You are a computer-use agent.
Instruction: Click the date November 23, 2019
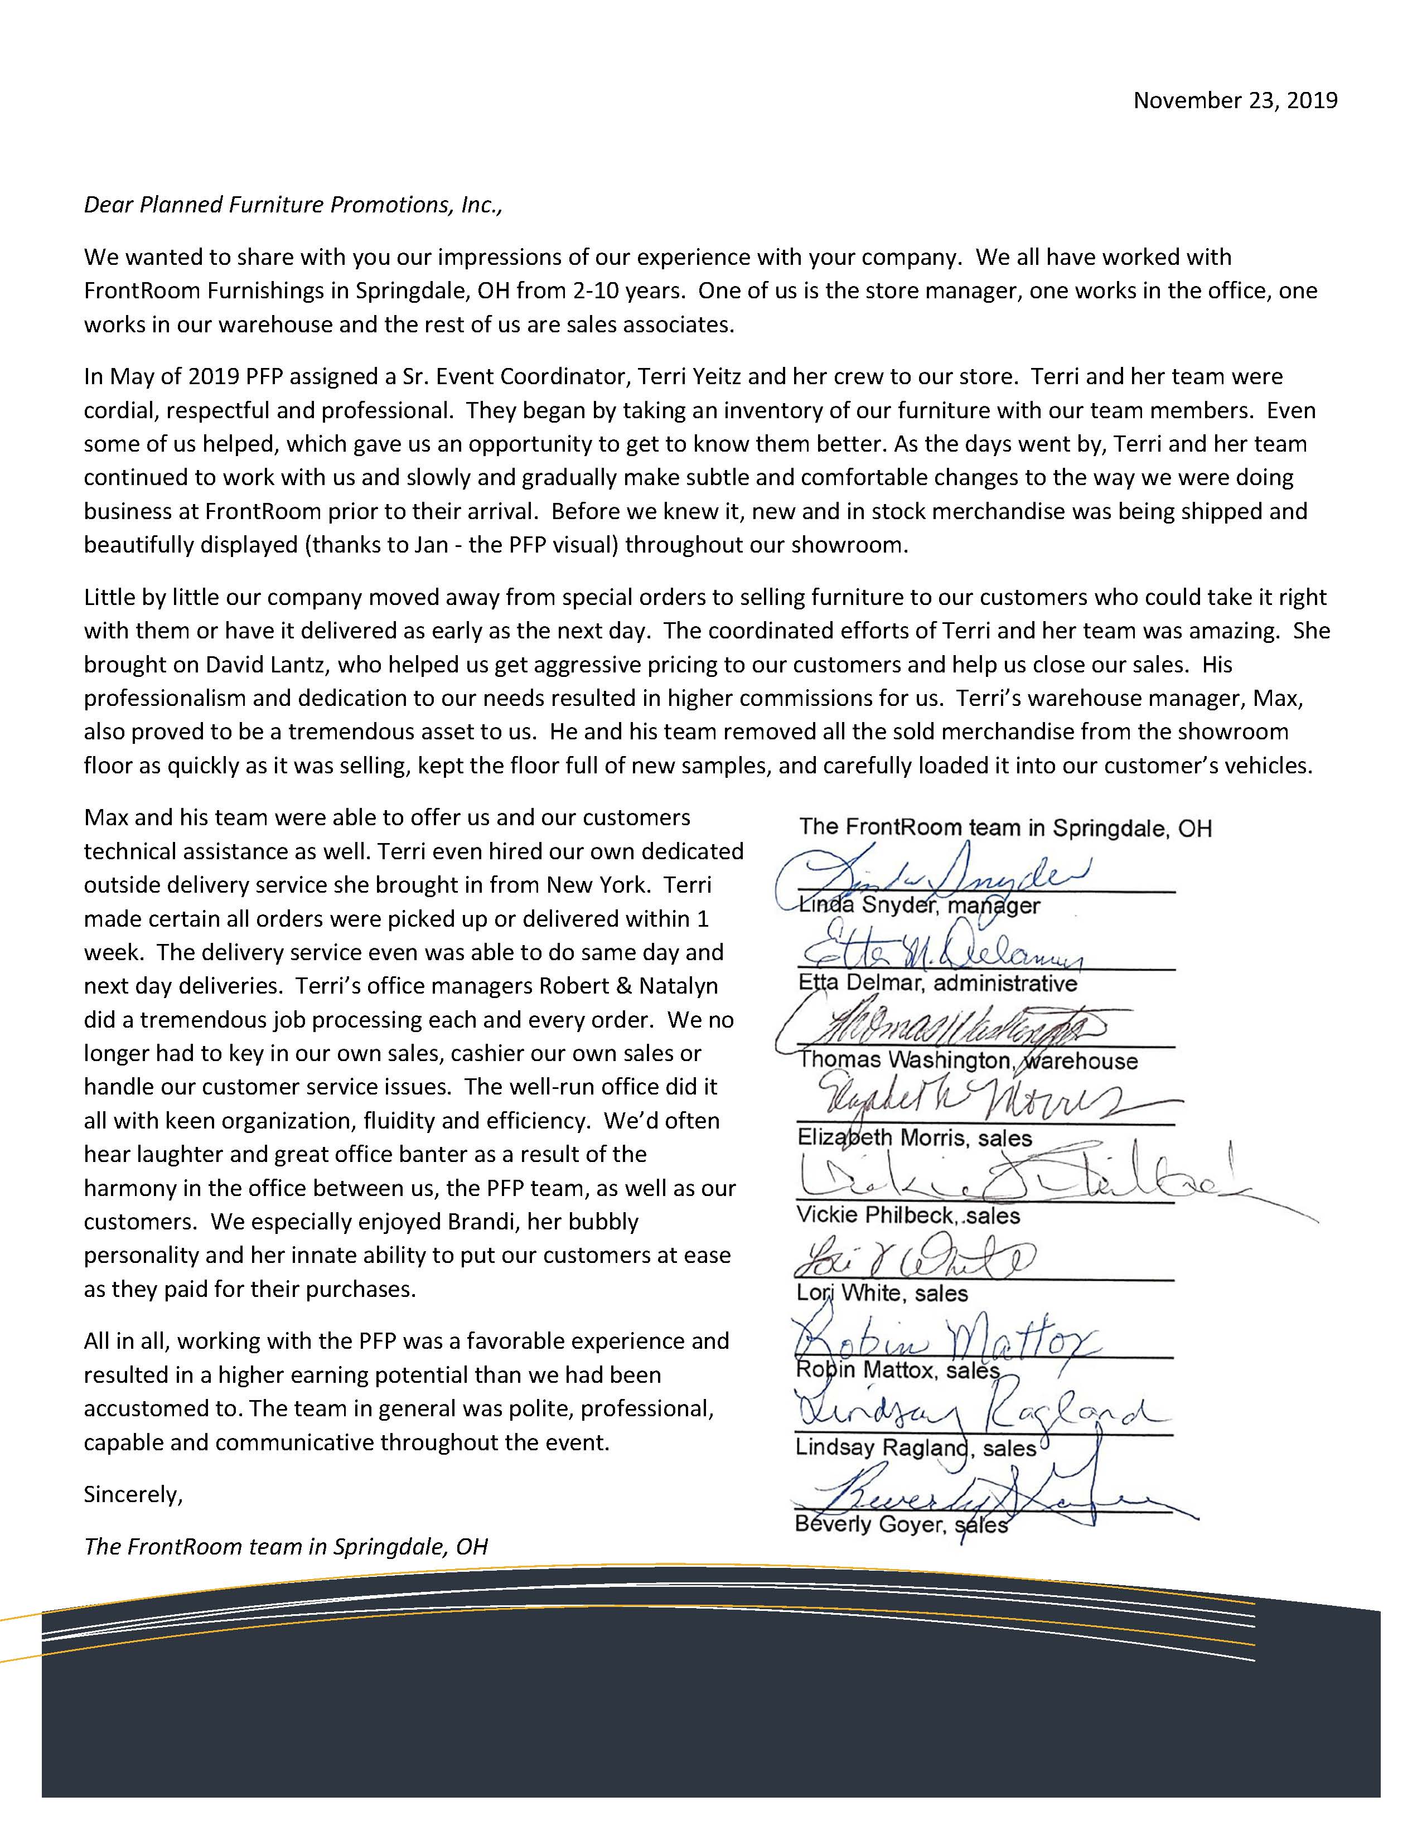pyautogui.click(x=1235, y=101)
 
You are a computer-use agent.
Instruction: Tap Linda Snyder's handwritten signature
pyautogui.click(x=935, y=876)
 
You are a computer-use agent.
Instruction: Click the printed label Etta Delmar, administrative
pyautogui.click(x=937, y=983)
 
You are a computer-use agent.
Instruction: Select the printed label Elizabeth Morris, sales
pyautogui.click(x=914, y=1138)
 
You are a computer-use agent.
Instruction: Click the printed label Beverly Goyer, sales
pyautogui.click(x=901, y=1525)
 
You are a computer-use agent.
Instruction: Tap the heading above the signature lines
pyautogui.click(x=1005, y=828)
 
